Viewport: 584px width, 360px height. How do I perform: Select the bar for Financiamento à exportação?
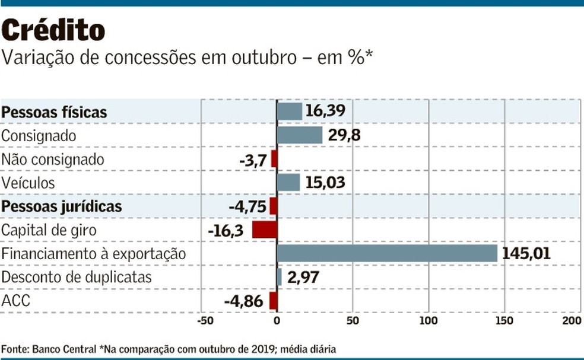387,254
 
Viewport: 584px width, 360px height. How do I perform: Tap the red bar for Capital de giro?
265,230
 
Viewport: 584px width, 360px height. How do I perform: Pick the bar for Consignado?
300,135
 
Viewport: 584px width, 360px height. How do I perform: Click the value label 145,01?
526,254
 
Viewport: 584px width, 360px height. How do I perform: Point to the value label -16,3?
227,231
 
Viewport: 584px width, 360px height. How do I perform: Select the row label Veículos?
28,183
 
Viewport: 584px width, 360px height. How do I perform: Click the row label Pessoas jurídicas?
62,206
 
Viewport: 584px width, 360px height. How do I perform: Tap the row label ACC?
16,301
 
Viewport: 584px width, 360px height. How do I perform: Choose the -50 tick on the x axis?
203,321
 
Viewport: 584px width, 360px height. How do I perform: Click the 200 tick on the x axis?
572,321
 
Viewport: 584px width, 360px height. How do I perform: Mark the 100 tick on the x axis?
429,321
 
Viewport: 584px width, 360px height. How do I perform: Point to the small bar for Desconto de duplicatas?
280,278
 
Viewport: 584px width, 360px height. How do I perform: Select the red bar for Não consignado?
274,159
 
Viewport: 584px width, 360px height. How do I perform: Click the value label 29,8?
344,136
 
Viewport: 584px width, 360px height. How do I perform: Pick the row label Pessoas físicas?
54,111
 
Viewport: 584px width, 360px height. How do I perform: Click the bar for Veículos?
288,183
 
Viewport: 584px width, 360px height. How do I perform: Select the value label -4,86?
243,302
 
